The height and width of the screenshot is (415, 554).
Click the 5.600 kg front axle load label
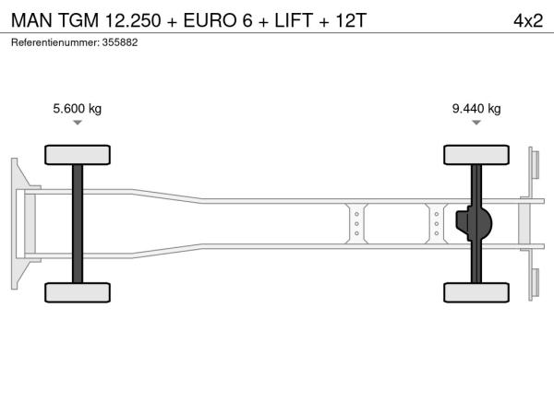tap(77, 108)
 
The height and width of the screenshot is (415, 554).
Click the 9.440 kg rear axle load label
tap(476, 108)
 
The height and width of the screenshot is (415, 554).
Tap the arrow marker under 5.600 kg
tap(78, 123)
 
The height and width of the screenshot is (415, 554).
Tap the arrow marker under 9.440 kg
tap(476, 123)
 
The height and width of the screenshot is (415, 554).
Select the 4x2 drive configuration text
tap(528, 20)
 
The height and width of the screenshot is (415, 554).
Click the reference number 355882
tap(120, 42)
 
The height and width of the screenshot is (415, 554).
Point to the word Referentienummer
tap(55, 42)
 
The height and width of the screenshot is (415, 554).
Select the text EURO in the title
tap(210, 20)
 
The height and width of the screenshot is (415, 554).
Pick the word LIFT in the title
tap(294, 20)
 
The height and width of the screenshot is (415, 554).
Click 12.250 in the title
tap(133, 20)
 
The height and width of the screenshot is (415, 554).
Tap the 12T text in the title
tap(351, 20)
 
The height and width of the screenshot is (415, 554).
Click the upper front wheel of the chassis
tap(78, 155)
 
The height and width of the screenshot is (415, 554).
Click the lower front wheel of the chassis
tap(78, 292)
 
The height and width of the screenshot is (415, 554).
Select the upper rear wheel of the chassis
tap(476, 155)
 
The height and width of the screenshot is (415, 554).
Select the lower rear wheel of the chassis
tap(476, 292)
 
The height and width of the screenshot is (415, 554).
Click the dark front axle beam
tap(78, 224)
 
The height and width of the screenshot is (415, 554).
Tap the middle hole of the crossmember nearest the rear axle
tap(437, 224)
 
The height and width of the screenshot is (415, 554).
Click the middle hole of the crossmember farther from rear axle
tap(356, 224)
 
